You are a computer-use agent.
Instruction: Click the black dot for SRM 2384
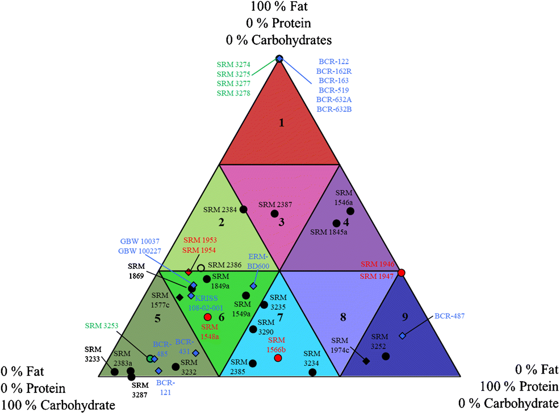[243, 210]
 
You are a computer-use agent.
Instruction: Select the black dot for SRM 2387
[274, 214]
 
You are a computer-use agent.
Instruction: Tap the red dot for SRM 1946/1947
[401, 273]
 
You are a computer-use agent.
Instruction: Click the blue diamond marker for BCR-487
[402, 336]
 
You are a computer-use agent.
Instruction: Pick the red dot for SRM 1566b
[278, 358]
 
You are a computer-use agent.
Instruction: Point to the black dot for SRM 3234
[312, 373]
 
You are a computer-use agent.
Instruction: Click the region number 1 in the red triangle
[281, 122]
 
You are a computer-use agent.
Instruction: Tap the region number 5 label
[157, 319]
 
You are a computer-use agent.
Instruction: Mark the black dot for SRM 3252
[386, 356]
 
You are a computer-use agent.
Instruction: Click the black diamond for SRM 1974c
[366, 361]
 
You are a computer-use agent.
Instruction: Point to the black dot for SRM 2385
[253, 363]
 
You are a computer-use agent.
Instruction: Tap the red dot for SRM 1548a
[207, 317]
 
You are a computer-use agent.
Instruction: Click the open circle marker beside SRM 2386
[200, 267]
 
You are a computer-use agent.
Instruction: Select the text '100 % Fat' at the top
[281, 8]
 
